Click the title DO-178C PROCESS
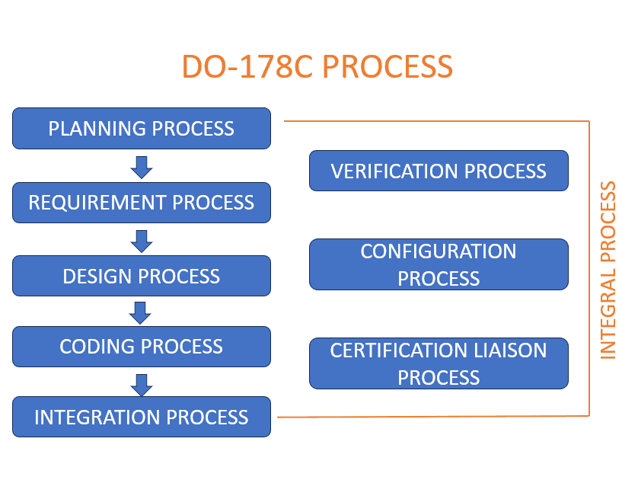[317, 66]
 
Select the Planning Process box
[142, 128]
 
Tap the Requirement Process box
[142, 203]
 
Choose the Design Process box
[142, 276]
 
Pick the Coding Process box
[142, 347]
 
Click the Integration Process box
[142, 417]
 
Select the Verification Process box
[439, 171]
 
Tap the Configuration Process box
[439, 264]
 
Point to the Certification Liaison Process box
[439, 363]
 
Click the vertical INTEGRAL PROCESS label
[608, 270]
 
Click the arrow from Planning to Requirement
[142, 167]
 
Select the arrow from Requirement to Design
[142, 242]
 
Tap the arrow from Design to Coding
[140, 312]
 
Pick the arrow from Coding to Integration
[142, 385]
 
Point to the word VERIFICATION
[394, 171]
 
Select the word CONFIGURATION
[439, 251]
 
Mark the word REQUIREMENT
[97, 203]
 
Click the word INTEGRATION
[97, 418]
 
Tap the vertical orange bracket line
[589, 269]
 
